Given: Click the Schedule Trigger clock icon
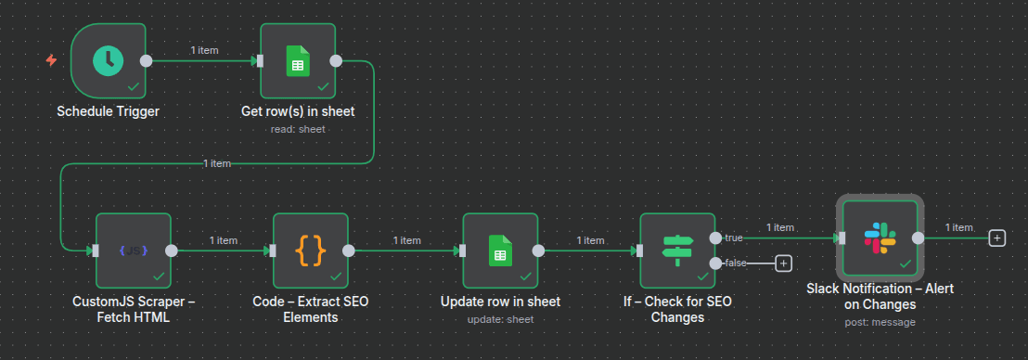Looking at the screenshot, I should pyautogui.click(x=109, y=61).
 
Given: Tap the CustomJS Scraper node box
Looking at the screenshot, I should pyautogui.click(x=134, y=250).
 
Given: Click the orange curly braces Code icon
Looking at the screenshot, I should pyautogui.click(x=310, y=250).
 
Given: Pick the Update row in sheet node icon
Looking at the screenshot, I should pyautogui.click(x=499, y=250).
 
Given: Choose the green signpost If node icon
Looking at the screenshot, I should pyautogui.click(x=676, y=250).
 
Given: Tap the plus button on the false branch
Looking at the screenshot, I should pyautogui.click(x=783, y=264).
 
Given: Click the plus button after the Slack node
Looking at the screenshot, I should pyautogui.click(x=997, y=238).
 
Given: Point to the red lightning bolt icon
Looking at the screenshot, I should pyautogui.click(x=52, y=61).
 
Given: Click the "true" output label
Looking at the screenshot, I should pyautogui.click(x=734, y=238).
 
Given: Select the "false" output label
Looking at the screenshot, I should pyautogui.click(x=736, y=264).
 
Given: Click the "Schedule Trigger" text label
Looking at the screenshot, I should pyautogui.click(x=108, y=112).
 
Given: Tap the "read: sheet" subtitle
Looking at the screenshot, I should pyautogui.click(x=297, y=129).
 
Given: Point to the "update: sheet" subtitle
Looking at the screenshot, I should pyautogui.click(x=499, y=318).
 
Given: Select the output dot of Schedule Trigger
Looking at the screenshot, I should pyautogui.click(x=146, y=61).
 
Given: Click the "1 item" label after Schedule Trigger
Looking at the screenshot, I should pyautogui.click(x=204, y=50).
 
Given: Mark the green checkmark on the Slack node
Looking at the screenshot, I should pyautogui.click(x=904, y=264).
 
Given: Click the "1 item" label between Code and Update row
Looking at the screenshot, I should pyautogui.click(x=406, y=239).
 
